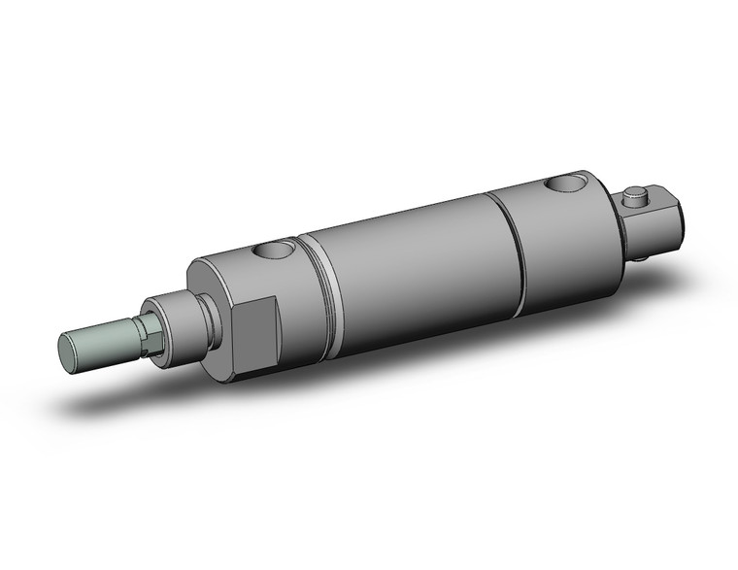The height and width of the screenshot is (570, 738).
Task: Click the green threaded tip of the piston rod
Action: point(102,339)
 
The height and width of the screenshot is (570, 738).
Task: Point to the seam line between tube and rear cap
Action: point(510,248)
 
